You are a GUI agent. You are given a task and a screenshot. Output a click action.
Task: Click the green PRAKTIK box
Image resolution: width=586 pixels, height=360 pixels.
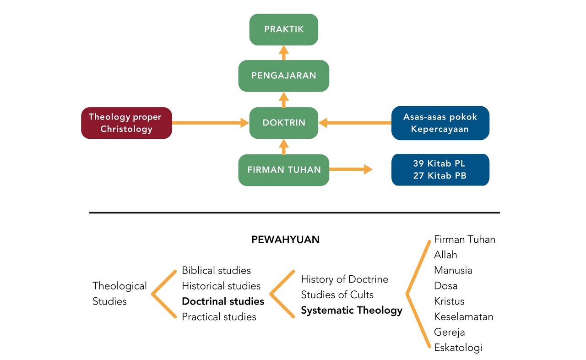(x=283, y=29)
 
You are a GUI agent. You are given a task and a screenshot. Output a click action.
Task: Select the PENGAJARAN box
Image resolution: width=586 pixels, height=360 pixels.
(x=283, y=76)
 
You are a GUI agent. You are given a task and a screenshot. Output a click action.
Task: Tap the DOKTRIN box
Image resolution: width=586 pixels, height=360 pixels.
(x=283, y=123)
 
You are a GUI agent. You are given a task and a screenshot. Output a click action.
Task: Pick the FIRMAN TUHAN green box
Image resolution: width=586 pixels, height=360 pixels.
(x=283, y=170)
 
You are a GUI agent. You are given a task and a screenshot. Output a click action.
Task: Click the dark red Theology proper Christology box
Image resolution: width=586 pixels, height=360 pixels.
(x=126, y=123)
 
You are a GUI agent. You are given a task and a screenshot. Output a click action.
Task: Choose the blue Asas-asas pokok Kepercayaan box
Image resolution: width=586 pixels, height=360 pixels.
(x=440, y=123)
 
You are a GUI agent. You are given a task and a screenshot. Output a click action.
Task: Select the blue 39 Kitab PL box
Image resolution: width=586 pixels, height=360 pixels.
(x=440, y=170)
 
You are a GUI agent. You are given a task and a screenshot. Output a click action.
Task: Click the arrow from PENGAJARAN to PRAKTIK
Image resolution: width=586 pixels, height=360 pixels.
(x=284, y=53)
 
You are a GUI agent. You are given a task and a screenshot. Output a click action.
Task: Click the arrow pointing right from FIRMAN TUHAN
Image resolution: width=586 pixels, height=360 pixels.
(x=351, y=170)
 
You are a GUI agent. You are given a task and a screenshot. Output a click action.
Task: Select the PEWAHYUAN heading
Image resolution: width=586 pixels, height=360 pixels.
(x=285, y=240)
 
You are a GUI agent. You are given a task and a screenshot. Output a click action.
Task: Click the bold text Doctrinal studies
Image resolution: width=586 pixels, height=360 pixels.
(x=223, y=301)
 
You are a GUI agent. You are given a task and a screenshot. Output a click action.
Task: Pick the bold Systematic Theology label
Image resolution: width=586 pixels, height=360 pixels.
(x=351, y=311)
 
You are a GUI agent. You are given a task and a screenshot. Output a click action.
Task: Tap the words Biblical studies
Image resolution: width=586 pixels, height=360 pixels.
(x=216, y=270)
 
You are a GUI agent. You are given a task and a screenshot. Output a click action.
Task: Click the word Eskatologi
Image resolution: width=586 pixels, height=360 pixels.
(x=458, y=348)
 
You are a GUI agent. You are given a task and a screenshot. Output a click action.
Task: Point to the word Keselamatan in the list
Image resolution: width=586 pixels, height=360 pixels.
(x=463, y=316)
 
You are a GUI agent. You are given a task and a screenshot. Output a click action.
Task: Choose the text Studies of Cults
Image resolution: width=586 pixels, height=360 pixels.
(x=337, y=295)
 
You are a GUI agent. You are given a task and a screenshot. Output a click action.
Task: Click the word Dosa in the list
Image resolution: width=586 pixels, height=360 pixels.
(x=445, y=286)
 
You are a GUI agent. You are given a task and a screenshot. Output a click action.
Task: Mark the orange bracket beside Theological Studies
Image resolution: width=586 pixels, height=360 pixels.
(x=163, y=294)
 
